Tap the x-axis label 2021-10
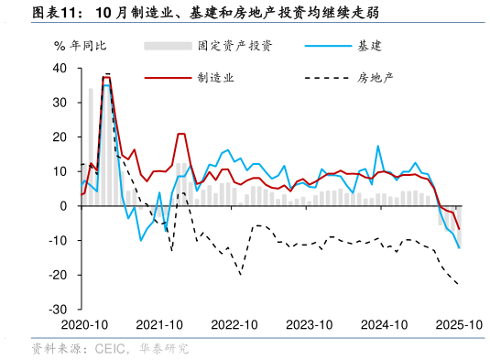159,325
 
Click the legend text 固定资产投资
234,46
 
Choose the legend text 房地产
376,78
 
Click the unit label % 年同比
80,46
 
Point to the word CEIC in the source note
111,348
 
